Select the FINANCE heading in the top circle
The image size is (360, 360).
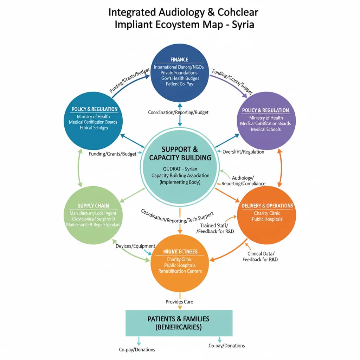click(179, 59)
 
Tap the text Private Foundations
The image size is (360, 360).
click(179, 72)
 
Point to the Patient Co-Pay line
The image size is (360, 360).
click(179, 84)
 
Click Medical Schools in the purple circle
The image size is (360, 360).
click(266, 129)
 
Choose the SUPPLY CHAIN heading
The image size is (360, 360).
click(93, 206)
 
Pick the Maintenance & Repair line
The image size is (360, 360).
click(93, 225)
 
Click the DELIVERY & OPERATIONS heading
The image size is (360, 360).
click(267, 206)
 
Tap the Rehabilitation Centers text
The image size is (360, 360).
click(180, 271)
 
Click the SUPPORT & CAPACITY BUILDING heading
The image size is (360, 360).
click(180, 153)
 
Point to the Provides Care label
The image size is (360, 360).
click(179, 302)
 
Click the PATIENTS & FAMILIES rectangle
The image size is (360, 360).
click(179, 323)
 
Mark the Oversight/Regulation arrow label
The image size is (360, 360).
click(243, 152)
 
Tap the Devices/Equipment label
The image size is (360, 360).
click(135, 246)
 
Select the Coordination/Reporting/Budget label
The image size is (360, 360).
click(178, 112)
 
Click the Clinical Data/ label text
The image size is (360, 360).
click(261, 253)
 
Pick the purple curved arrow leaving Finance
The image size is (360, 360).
click(230, 83)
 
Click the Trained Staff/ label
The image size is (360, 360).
click(214, 225)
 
